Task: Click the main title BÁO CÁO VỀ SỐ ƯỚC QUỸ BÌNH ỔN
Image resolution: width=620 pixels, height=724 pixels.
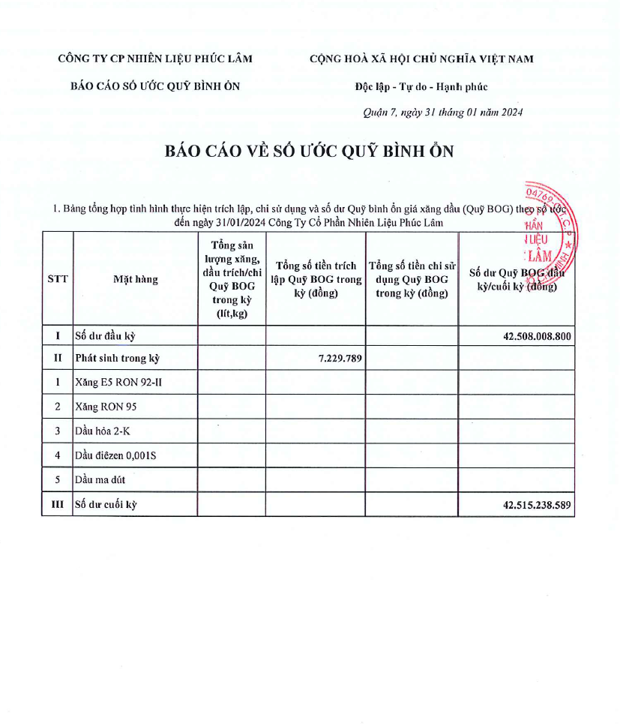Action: click(x=310, y=151)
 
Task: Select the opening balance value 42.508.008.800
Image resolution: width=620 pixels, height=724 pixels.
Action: click(x=537, y=336)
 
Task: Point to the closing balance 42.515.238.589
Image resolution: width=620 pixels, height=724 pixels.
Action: click(x=537, y=505)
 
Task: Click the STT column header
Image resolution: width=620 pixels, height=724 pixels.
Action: click(x=58, y=279)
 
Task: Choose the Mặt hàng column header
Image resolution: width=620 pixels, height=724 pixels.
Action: click(x=136, y=279)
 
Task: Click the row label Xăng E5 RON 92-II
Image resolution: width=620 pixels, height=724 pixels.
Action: click(x=118, y=383)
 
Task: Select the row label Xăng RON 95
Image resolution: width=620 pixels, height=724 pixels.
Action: click(x=106, y=407)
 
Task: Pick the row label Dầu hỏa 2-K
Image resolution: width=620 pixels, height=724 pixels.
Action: click(x=103, y=431)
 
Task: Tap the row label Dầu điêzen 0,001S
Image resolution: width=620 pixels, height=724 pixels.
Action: click(x=115, y=455)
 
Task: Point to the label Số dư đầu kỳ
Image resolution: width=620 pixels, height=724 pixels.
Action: click(x=106, y=336)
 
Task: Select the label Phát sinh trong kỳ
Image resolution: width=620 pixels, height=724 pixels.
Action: click(x=118, y=359)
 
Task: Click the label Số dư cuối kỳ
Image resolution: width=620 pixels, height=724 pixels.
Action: click(x=106, y=505)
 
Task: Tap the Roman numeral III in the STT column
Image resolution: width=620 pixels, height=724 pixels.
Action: click(x=58, y=505)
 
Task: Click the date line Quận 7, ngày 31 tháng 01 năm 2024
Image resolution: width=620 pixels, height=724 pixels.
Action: click(x=442, y=113)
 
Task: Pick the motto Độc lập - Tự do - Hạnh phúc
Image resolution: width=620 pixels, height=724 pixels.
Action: click(x=421, y=87)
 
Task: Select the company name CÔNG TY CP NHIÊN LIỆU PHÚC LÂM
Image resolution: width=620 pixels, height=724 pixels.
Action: click(x=155, y=59)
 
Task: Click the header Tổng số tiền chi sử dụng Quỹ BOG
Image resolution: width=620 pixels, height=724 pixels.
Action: click(x=412, y=279)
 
